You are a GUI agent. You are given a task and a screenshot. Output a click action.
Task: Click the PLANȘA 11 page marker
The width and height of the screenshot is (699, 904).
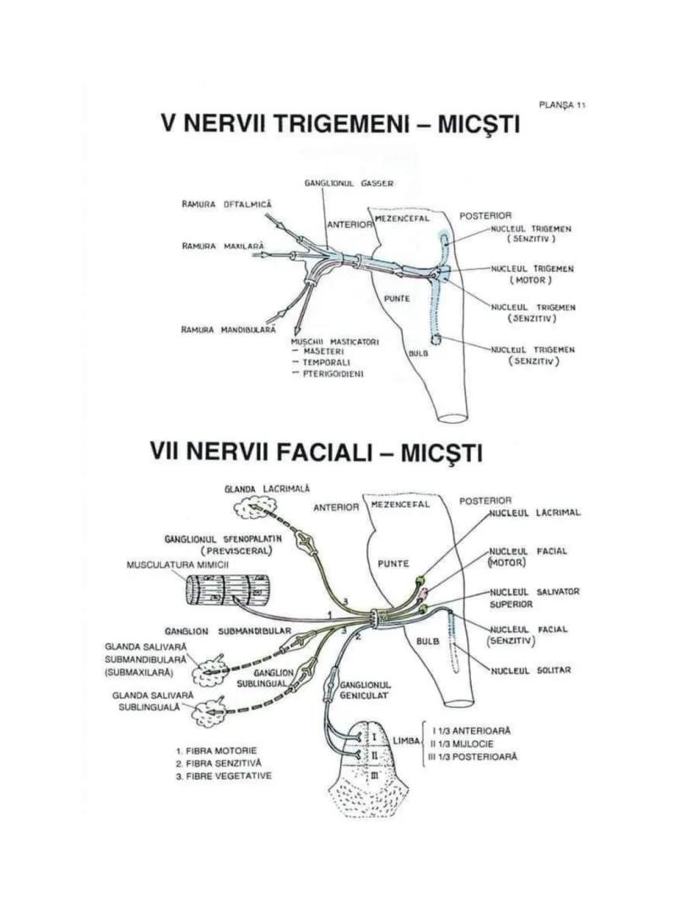pos(562,105)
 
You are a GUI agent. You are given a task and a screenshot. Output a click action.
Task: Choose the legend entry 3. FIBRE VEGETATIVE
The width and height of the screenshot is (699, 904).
pos(224,775)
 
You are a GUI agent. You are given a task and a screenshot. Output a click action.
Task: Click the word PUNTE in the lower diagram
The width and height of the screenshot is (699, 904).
pos(394,563)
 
